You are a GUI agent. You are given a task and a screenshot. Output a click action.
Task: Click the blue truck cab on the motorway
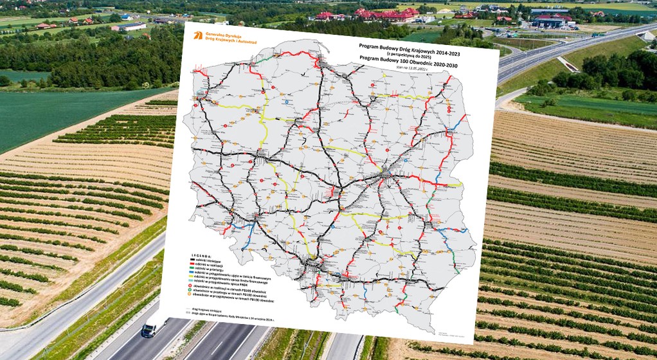click(x=148, y=330)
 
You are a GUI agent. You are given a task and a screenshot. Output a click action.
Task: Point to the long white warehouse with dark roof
click(x=132, y=26)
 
